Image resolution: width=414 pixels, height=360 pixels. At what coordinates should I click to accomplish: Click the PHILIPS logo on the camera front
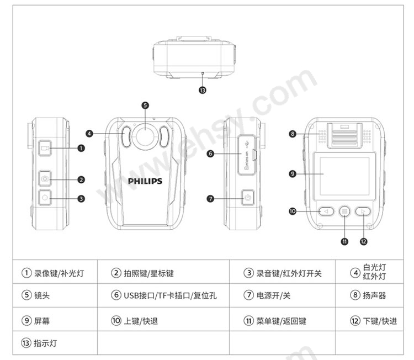145,181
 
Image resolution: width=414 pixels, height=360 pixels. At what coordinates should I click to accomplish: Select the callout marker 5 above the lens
145,105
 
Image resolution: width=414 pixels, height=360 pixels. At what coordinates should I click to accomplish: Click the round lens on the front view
145,136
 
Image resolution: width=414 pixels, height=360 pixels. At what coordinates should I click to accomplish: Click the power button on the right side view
247,198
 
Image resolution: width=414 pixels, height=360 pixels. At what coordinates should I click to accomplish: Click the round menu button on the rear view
344,210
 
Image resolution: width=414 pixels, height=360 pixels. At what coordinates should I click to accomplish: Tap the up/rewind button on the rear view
326,210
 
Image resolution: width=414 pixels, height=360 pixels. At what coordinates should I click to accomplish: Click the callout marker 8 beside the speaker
293,133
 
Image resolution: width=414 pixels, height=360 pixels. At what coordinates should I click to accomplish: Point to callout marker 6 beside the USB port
210,153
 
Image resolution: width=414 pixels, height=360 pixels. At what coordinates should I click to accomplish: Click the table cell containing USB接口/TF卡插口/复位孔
163,295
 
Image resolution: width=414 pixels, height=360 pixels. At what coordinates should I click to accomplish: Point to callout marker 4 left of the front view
89,133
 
